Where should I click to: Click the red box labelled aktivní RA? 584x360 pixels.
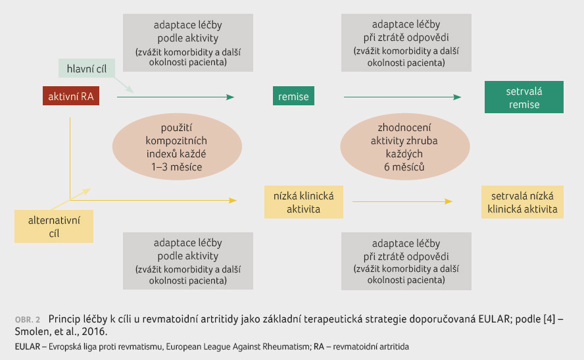point(71,96)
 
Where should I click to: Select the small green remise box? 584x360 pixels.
point(293,96)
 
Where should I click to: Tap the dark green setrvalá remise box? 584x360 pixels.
point(524,97)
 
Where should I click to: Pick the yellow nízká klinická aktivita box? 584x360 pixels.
point(304,202)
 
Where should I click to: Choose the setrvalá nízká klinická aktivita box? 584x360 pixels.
point(522,202)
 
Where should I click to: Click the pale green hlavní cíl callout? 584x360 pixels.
point(86,68)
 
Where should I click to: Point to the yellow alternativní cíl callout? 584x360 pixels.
point(54,226)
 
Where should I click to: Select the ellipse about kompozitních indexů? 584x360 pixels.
point(177,147)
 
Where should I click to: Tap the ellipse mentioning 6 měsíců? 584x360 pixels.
point(405,147)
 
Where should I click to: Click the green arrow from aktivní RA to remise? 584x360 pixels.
point(176,97)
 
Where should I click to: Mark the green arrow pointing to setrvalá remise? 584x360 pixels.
point(402,97)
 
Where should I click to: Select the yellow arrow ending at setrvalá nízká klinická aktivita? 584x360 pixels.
point(402,201)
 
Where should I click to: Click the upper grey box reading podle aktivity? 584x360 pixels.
point(188,43)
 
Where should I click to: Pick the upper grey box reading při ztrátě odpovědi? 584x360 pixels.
point(406,43)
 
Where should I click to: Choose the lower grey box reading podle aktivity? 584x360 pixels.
point(188,261)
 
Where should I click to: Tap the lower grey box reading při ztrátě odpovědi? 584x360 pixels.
point(406,261)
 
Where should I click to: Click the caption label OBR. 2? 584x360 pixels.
point(27,320)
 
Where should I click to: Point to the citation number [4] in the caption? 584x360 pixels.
point(549,319)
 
